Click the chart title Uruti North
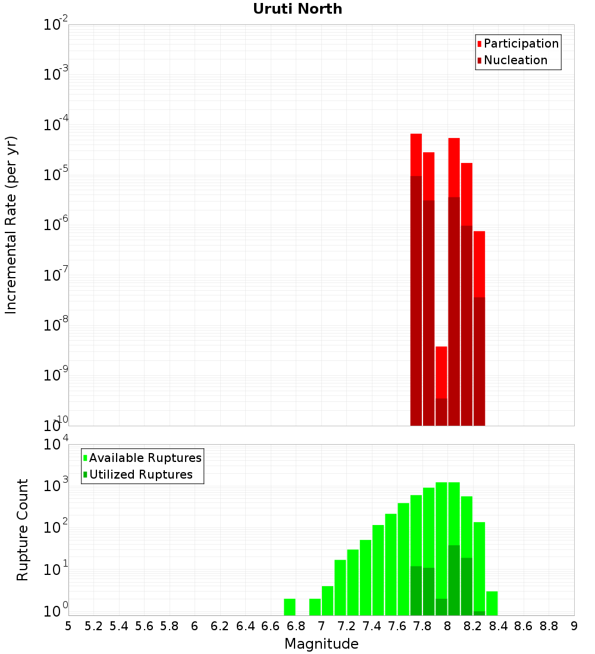pyautogui.click(x=297, y=9)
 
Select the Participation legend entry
pyautogui.click(x=521, y=43)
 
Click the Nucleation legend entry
pyautogui.click(x=515, y=60)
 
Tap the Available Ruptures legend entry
pyautogui.click(x=145, y=458)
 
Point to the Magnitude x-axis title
pyautogui.click(x=321, y=644)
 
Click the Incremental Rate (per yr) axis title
pyautogui.click(x=11, y=225)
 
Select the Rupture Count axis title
pyautogui.click(x=23, y=530)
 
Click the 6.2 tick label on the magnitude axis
pyautogui.click(x=220, y=626)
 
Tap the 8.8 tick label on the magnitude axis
pyautogui.click(x=549, y=626)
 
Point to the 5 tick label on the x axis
pyautogui.click(x=68, y=626)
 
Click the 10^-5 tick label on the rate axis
pyautogui.click(x=56, y=175)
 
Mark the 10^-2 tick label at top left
pyautogui.click(x=56, y=25)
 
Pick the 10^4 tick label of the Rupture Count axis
pyautogui.click(x=56, y=444)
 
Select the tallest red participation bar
pyautogui.click(x=416, y=155)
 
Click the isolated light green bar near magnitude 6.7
pyautogui.click(x=290, y=607)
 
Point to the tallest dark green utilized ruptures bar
pyautogui.click(x=453, y=580)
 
